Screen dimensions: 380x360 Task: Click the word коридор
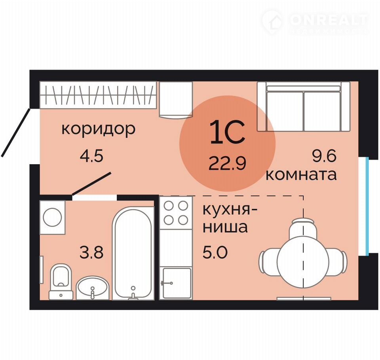99,129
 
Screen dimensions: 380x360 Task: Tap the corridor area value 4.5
91,155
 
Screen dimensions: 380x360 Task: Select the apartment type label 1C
227,132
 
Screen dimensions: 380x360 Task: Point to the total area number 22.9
227,163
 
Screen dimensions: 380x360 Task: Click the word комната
301,174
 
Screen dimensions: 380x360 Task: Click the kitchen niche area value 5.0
215,252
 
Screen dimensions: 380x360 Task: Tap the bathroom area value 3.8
91,252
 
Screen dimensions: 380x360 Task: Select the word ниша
225,227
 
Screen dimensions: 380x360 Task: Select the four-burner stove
176,213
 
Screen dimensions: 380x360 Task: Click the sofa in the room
304,106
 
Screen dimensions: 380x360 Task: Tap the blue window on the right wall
367,206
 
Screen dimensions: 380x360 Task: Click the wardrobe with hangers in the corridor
98,95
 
